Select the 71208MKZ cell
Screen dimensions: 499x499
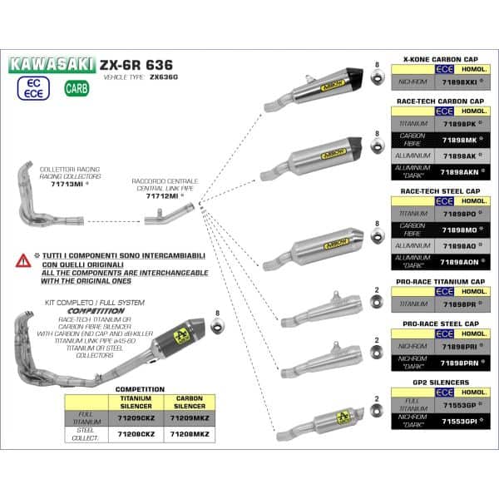(190, 434)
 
